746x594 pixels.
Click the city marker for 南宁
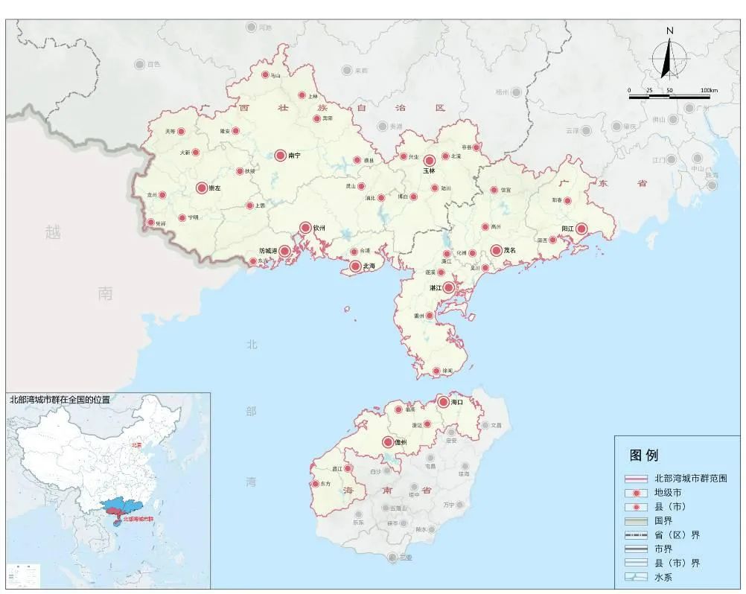click(x=280, y=156)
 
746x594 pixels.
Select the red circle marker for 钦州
click(x=305, y=228)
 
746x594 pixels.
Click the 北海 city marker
click(x=355, y=266)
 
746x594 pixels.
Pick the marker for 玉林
click(x=429, y=161)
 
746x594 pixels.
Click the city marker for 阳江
click(x=581, y=229)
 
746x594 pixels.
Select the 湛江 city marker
click(x=448, y=287)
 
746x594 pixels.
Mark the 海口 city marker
click(x=443, y=402)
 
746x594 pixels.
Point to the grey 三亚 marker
click(x=392, y=558)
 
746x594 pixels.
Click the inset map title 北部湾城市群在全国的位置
click(x=59, y=400)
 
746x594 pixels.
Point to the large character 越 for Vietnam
click(x=53, y=232)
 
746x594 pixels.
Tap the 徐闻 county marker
click(x=436, y=371)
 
